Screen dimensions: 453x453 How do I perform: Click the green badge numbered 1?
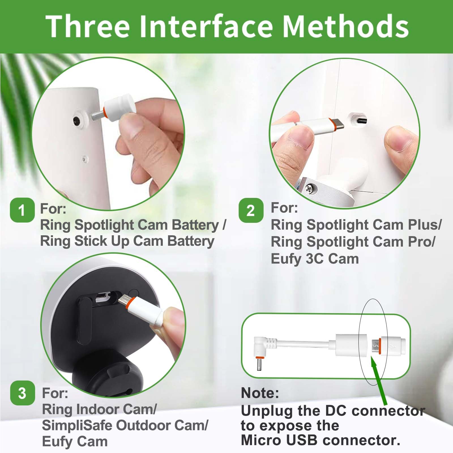pyautogui.click(x=22, y=210)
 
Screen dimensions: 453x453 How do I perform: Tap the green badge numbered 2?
pyautogui.click(x=251, y=211)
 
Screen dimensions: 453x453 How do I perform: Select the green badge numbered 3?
pyautogui.click(x=22, y=393)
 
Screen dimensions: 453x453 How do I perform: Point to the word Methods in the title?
pyautogui.click(x=346, y=26)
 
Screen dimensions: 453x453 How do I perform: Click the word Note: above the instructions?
pyautogui.click(x=260, y=393)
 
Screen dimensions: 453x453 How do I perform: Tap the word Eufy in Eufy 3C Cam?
pyautogui.click(x=285, y=259)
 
